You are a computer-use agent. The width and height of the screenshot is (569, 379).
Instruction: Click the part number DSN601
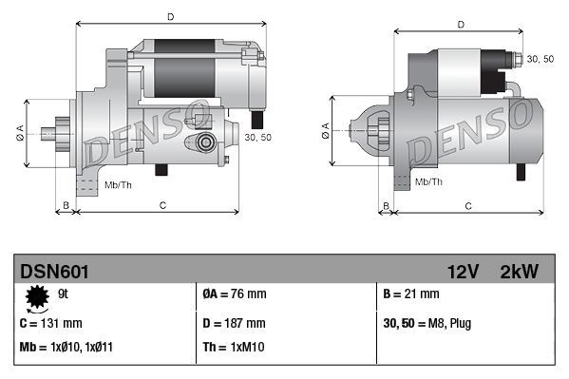pos(54,272)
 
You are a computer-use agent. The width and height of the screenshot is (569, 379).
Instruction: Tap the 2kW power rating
pos(519,272)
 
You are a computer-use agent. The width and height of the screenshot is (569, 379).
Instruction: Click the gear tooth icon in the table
pos(38,298)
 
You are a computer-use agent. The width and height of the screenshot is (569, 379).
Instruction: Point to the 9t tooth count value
pos(65,295)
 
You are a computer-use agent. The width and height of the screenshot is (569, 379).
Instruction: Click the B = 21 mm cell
pos(410,294)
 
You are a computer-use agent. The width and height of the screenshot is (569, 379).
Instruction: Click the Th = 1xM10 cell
pos(235,348)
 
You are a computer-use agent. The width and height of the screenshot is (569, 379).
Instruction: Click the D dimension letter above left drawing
pos(170,16)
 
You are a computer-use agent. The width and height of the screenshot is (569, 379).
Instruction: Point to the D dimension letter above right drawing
pos(460,25)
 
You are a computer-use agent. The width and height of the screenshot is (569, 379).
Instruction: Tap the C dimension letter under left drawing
pos(162,204)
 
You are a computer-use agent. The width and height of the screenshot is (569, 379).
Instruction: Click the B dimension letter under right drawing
pos(385,204)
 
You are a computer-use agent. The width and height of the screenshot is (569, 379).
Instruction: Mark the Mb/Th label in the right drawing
pos(430,180)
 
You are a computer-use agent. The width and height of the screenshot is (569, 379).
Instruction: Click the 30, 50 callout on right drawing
pos(540,59)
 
